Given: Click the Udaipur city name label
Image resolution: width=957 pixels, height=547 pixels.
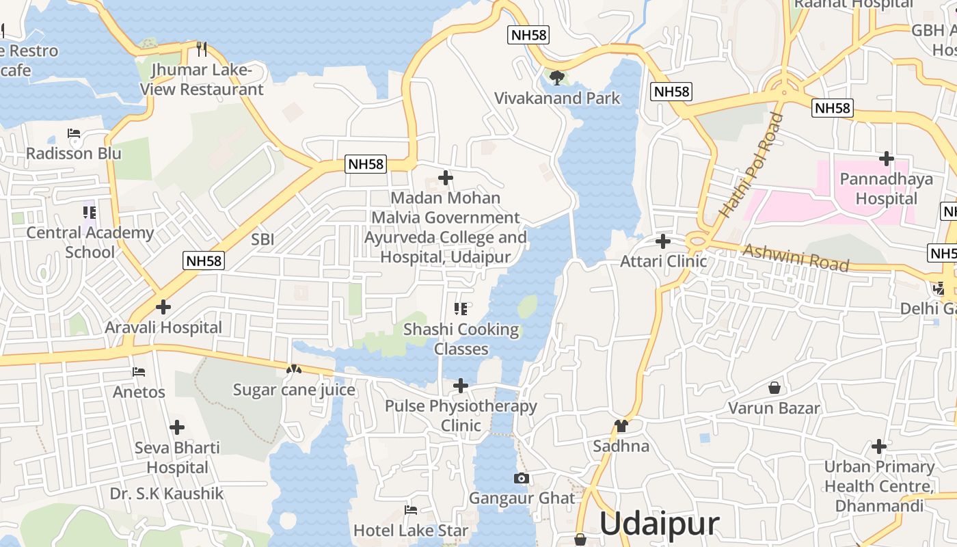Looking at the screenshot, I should (x=659, y=524).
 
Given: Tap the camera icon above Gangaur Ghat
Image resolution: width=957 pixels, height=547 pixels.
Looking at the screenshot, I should (x=522, y=478).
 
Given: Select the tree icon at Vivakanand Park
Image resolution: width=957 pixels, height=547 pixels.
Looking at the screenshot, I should (x=557, y=77).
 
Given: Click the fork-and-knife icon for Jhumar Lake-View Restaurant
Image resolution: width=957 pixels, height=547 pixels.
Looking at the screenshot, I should (x=202, y=49).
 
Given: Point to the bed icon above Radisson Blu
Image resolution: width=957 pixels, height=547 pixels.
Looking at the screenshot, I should (x=74, y=133).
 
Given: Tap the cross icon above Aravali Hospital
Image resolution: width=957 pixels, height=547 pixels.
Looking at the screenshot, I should (x=163, y=307).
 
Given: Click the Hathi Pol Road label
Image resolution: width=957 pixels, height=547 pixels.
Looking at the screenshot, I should (x=749, y=165).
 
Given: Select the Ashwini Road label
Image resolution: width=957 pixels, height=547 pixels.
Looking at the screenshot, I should (x=796, y=257).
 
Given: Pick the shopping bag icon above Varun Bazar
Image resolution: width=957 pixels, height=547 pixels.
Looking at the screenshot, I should (x=774, y=388).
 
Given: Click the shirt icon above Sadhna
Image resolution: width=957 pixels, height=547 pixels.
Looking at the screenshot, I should (x=621, y=426).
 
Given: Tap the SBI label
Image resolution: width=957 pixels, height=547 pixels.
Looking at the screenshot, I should (x=262, y=239).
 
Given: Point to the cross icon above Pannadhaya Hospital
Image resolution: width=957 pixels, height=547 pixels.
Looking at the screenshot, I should (x=887, y=159).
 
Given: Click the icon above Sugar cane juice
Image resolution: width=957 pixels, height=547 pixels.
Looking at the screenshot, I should (x=294, y=369).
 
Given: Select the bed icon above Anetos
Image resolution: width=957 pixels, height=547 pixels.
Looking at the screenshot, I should (x=139, y=372).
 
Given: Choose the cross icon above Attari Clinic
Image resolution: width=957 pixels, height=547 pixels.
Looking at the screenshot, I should (x=663, y=241).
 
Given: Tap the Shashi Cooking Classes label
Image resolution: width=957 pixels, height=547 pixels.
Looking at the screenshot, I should (x=461, y=339).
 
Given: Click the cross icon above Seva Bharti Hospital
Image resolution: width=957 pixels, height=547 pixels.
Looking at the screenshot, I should (x=177, y=427).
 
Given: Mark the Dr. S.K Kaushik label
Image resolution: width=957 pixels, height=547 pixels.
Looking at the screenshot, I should (x=167, y=494).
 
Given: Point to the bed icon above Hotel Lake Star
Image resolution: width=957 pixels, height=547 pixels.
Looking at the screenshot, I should (x=411, y=510).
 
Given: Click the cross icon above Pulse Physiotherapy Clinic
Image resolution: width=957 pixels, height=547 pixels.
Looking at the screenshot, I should (x=461, y=386).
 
